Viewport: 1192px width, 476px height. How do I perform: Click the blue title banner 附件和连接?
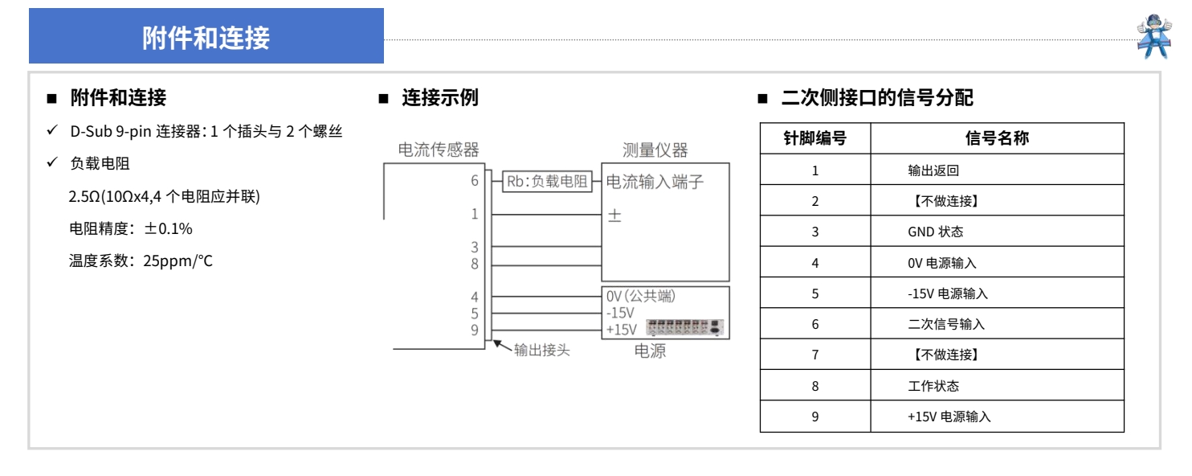[x=206, y=35]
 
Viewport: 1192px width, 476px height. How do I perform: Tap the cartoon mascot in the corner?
[x=1154, y=36]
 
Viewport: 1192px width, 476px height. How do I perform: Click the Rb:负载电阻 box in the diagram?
[x=547, y=182]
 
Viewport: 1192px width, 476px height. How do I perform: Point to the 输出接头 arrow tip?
[x=494, y=341]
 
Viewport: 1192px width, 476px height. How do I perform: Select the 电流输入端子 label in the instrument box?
[x=655, y=182]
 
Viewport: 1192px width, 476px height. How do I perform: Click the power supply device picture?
[x=685, y=327]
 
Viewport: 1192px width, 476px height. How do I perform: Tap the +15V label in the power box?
[x=621, y=330]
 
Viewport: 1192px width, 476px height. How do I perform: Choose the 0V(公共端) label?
[x=641, y=296]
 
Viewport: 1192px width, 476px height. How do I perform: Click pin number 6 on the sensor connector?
[x=474, y=181]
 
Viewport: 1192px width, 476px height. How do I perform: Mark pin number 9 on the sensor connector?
[x=474, y=330]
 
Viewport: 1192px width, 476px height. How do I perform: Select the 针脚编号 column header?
[x=814, y=138]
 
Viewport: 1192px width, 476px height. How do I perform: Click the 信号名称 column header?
[x=998, y=138]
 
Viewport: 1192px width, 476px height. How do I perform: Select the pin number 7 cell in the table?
[x=814, y=355]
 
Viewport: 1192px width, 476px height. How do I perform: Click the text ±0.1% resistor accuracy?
[x=168, y=229]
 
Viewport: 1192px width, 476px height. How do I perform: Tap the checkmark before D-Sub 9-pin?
[x=51, y=130]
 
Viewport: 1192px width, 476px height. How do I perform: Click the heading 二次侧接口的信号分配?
[x=877, y=98]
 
